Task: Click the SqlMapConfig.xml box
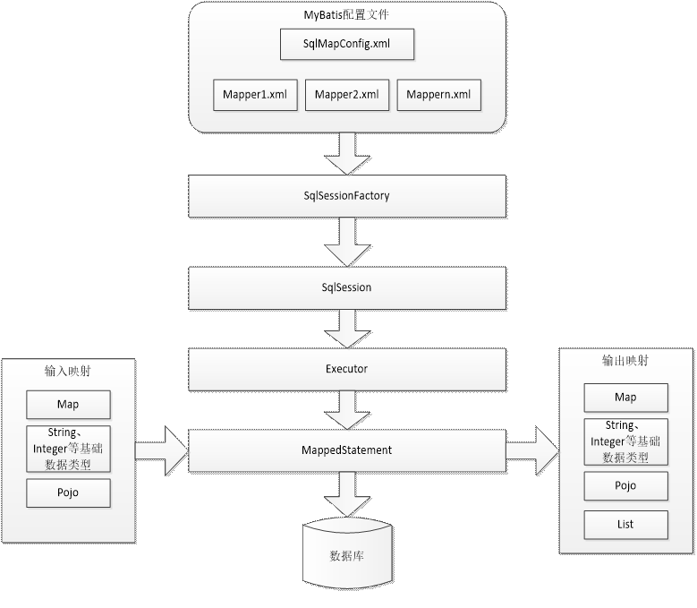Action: click(347, 44)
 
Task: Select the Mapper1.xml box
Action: click(255, 95)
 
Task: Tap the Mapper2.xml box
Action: click(347, 95)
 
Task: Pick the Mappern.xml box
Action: click(438, 95)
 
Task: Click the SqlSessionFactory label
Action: click(347, 196)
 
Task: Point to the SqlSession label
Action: click(347, 287)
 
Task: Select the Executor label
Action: click(347, 369)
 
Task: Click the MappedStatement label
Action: click(347, 450)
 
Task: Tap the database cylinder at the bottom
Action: click(348, 553)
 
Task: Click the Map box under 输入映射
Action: click(69, 405)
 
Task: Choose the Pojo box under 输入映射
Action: click(69, 492)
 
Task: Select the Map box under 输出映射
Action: click(626, 398)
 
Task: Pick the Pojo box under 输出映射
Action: click(626, 485)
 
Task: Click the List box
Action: click(626, 525)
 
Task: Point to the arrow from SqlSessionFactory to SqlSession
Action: click(347, 242)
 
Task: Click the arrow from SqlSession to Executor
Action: click(347, 329)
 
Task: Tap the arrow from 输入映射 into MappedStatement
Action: click(162, 451)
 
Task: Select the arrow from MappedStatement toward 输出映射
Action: click(532, 451)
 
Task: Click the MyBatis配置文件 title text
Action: click(346, 14)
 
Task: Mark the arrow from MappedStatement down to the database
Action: click(347, 494)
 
